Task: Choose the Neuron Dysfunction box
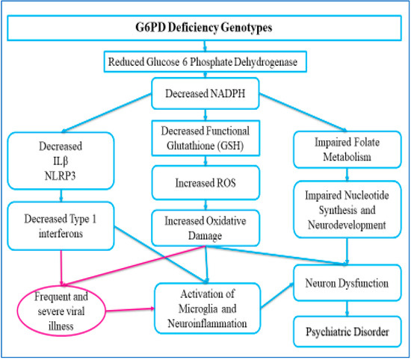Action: coord(345,285)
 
